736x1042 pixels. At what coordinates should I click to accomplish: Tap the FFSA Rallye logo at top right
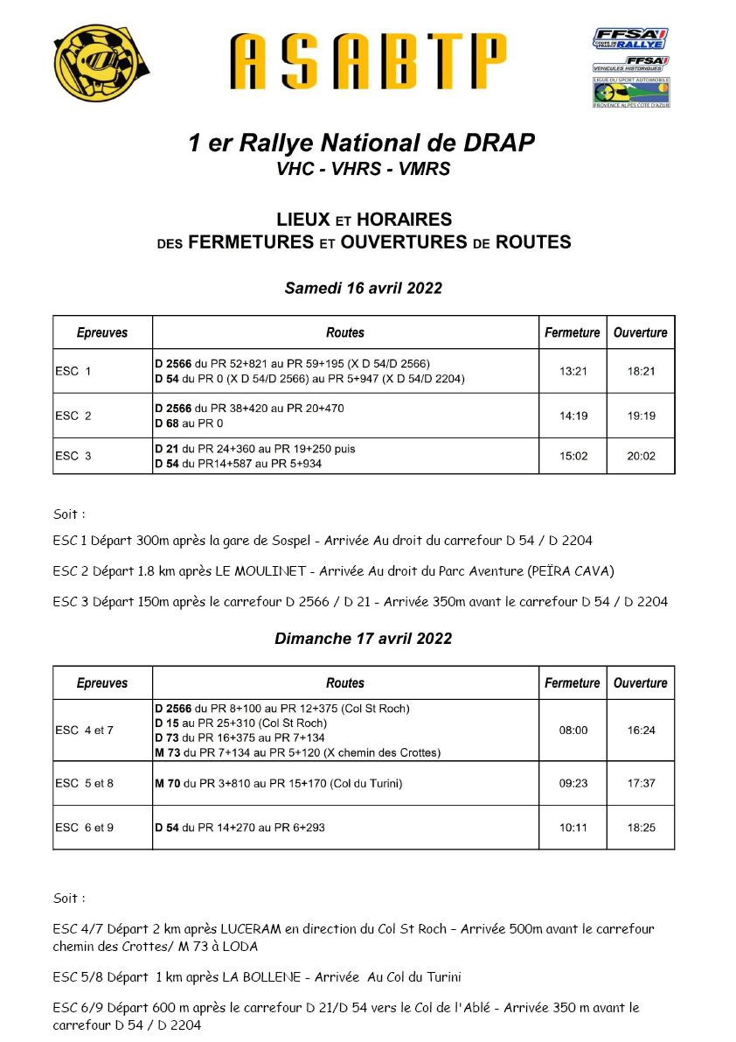click(631, 38)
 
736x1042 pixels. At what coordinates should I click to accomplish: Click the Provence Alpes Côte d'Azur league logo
click(631, 92)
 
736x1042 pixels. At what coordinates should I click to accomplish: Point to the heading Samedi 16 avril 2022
click(363, 288)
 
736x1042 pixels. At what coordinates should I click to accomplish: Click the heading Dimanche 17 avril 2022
click(363, 639)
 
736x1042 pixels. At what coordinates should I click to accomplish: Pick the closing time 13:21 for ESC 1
click(573, 371)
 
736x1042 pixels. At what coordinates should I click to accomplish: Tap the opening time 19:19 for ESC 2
click(641, 416)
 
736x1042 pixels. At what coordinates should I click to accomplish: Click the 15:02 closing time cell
click(573, 456)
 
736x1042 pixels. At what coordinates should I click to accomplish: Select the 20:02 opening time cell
click(641, 456)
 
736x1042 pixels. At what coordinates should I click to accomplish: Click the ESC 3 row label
click(73, 456)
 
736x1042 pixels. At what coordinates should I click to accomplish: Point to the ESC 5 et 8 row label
click(84, 783)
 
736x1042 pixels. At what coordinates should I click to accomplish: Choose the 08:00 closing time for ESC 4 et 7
click(573, 730)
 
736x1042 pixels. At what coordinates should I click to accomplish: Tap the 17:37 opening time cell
click(641, 783)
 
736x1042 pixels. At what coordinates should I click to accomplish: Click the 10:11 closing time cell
click(573, 827)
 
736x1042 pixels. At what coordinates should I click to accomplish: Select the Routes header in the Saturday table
click(345, 332)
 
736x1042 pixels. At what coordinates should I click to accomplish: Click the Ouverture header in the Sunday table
click(641, 682)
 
